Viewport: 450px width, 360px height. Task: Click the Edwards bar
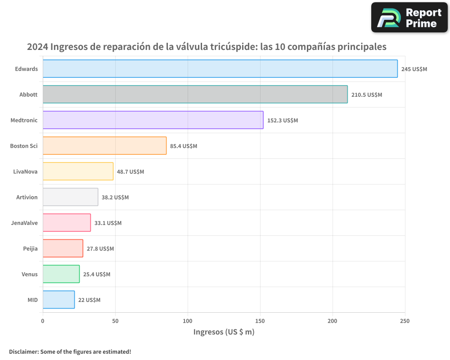[x=220, y=69]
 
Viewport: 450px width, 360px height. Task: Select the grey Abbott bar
[x=195, y=94]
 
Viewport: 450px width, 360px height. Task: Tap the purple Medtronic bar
[x=153, y=120]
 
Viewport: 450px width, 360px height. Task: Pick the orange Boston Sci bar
[x=104, y=146]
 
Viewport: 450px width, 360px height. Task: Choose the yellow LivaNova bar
[x=78, y=171]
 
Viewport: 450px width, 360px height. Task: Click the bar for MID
[x=58, y=300]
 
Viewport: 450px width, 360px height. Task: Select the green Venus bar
[x=61, y=274]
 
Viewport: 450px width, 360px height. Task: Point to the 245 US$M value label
[x=414, y=69]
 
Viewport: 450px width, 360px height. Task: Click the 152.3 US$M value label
[x=282, y=121]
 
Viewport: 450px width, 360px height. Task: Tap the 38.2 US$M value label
[x=115, y=198]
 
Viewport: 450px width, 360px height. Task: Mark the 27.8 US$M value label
[x=100, y=249]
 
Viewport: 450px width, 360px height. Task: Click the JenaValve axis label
[x=24, y=223]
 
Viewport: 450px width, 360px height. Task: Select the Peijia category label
[x=30, y=248]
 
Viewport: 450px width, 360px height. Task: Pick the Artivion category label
[x=27, y=197]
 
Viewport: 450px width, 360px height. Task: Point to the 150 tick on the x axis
[x=260, y=321]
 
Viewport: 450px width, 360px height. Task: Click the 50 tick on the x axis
[x=115, y=321]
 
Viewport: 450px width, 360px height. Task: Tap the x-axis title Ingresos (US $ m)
[x=224, y=332]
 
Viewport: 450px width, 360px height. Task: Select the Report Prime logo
[x=409, y=18]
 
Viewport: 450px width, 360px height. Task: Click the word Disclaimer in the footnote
[x=23, y=351]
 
